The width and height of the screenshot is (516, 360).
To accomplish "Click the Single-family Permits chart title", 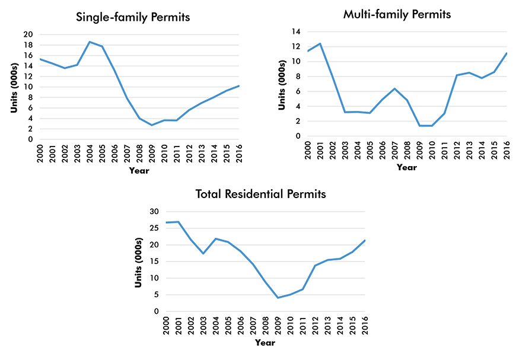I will coord(133,17).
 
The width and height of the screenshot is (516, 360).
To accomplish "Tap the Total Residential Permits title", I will coord(261,194).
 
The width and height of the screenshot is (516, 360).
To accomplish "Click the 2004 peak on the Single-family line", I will coord(90,42).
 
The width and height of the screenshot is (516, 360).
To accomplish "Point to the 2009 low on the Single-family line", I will coord(152,125).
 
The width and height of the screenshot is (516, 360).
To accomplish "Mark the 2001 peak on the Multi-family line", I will coord(320,43).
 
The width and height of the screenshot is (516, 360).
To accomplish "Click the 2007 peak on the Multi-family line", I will coord(394,88).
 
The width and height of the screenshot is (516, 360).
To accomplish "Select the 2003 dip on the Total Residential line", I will coord(203,253).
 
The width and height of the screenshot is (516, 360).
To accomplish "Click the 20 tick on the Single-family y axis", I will coord(28,34).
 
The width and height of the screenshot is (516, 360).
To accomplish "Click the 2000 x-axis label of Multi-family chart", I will coord(308,151).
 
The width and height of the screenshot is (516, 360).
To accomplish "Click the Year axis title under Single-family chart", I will coord(139,171).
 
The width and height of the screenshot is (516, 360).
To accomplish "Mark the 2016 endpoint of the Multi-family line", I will coord(506,53).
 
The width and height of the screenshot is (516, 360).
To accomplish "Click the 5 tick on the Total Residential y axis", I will coord(155,295).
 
